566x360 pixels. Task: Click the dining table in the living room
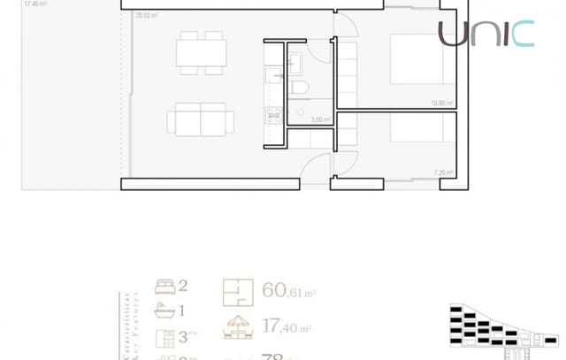coord(202,56)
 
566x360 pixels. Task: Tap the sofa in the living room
coord(201,119)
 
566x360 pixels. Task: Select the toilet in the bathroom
coord(299,87)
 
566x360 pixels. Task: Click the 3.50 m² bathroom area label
coord(320,119)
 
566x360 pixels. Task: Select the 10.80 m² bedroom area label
coord(441,103)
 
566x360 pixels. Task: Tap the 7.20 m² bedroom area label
coord(443,172)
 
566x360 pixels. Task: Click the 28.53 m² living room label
coord(147,16)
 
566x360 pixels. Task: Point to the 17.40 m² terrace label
coord(35,4)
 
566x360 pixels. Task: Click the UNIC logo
coord(486,34)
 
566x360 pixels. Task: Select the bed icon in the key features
coord(164,286)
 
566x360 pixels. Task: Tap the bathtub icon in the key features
coord(164,310)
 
